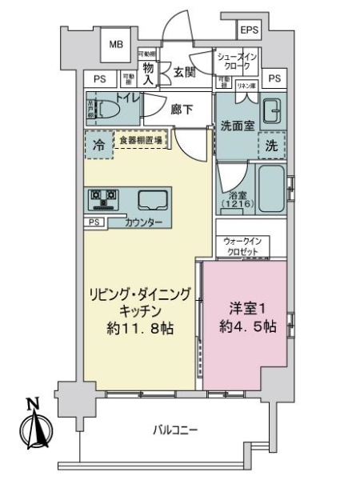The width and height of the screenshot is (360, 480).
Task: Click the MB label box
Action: point(117,45)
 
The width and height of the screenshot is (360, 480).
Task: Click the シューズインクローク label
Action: point(238,62)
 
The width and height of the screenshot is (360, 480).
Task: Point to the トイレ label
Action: point(128,100)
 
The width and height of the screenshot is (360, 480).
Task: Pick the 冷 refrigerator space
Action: point(98,146)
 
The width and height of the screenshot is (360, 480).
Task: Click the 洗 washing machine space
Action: point(272,147)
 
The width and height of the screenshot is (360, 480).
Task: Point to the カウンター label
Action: point(145,222)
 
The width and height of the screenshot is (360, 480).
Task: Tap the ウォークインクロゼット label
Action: point(243,246)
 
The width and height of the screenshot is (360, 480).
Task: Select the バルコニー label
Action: point(174,430)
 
